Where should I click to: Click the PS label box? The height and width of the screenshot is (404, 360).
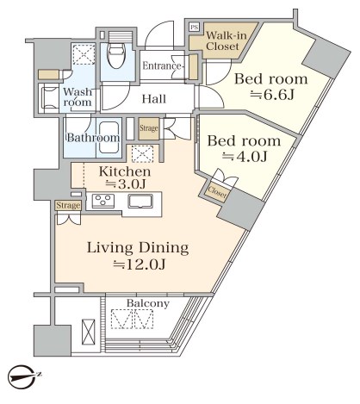(194, 28)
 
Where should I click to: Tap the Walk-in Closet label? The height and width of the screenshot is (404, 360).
(226, 40)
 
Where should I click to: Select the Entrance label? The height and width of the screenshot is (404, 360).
(161, 66)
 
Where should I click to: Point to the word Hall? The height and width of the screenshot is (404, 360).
(154, 99)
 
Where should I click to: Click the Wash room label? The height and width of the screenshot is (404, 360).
(78, 97)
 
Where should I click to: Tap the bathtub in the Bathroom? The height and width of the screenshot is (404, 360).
(109, 138)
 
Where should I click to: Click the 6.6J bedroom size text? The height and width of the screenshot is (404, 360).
(272, 95)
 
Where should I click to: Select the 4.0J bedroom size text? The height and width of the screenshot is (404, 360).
(245, 157)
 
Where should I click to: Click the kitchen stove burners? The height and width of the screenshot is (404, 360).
(103, 201)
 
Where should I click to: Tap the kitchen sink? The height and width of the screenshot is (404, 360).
(140, 201)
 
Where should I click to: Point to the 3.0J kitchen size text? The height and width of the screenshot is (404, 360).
(126, 184)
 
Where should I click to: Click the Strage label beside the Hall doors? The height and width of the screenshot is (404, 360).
(149, 128)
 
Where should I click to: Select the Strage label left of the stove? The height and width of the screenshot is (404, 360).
(68, 206)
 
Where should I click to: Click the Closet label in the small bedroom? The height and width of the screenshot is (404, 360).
(217, 191)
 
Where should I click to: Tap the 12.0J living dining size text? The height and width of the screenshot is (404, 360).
(140, 264)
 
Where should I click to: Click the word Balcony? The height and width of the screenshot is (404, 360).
(148, 303)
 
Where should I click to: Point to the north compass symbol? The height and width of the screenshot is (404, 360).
(23, 376)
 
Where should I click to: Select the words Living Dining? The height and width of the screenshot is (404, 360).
(138, 248)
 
